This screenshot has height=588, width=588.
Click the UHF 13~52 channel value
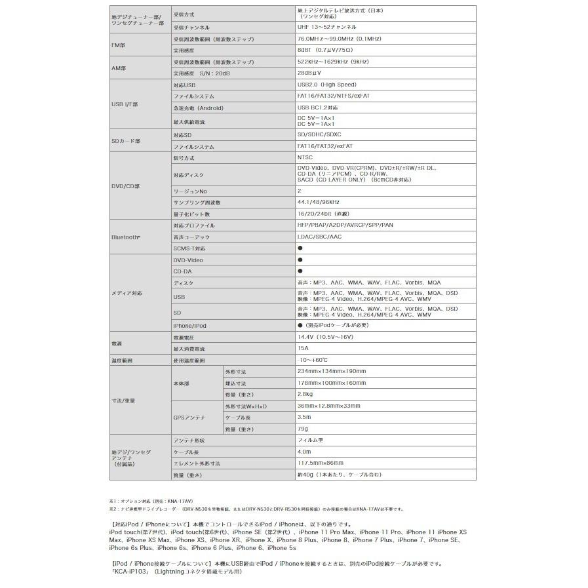point(326,28)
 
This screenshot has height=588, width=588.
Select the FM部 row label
point(119,45)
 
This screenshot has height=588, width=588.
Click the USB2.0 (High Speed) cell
point(326,85)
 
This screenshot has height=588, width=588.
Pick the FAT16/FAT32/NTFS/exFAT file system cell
point(333,96)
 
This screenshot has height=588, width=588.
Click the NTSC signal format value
point(305,158)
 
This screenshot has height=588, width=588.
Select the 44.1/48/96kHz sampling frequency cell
point(318,203)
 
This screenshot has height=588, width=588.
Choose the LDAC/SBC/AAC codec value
point(319,237)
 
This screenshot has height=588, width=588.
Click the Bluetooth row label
point(126,237)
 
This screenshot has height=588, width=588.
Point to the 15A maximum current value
point(302,349)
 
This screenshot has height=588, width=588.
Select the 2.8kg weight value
point(305,394)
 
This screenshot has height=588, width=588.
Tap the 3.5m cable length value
point(304,417)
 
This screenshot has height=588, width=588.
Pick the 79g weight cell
point(302,429)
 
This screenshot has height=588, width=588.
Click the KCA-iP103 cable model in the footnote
point(131,572)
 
